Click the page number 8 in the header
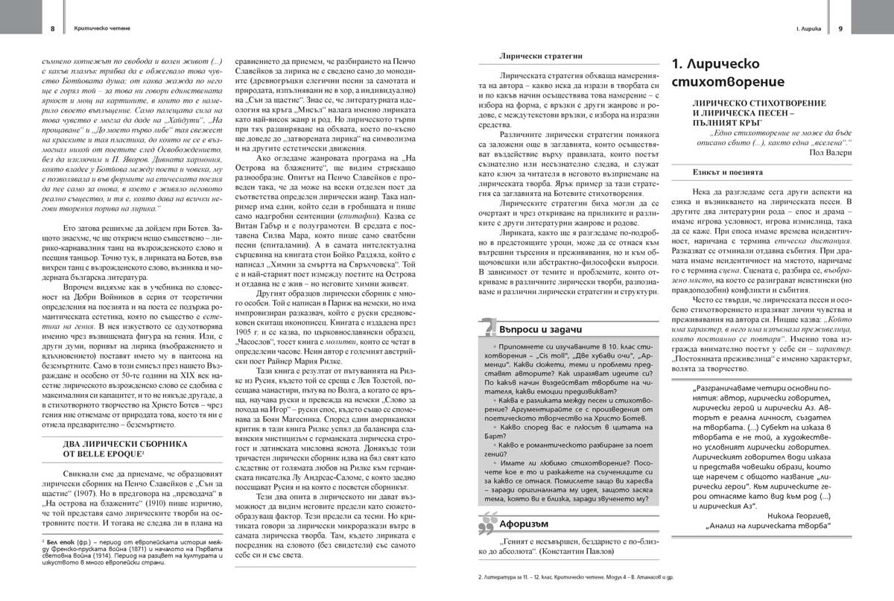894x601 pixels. [x=53, y=28]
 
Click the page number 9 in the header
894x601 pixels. [x=840, y=28]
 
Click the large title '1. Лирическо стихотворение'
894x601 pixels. [x=729, y=72]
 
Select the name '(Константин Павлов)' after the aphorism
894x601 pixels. [x=582, y=553]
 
